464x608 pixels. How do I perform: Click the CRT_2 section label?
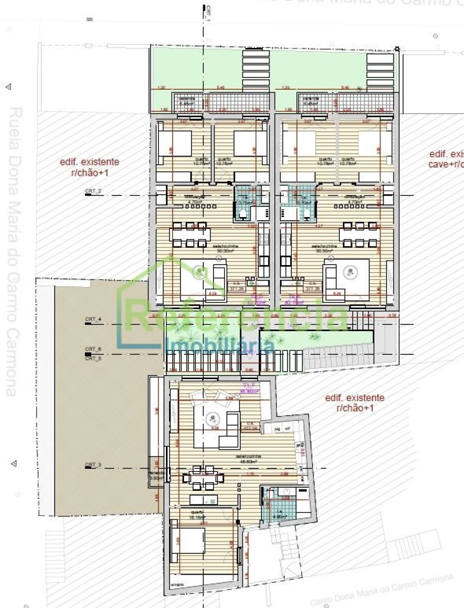tap(93, 191)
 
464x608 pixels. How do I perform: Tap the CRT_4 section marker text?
tap(93, 320)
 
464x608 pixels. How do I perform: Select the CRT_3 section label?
tap(93, 465)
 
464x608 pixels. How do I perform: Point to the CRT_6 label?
tap(93, 350)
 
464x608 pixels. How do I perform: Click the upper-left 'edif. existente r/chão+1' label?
tap(89, 168)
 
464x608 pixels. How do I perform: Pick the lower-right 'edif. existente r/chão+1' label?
tap(355, 403)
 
